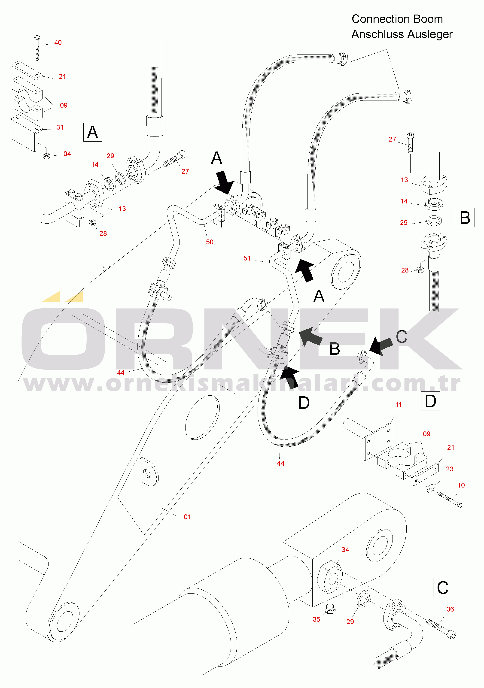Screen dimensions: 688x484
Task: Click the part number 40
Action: click(58, 42)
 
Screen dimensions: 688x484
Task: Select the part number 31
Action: click(60, 127)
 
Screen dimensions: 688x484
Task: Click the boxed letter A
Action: click(93, 132)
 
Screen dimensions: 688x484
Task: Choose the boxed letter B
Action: click(465, 218)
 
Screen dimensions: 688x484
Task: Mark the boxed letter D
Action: click(430, 401)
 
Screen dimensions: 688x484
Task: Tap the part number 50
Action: click(210, 242)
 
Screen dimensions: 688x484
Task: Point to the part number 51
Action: click(247, 258)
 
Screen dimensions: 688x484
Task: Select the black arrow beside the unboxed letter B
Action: click(310, 336)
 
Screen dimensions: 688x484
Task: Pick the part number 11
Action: click(398, 405)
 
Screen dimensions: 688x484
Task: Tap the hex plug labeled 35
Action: click(330, 609)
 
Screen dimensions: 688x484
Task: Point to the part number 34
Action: click(345, 550)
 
